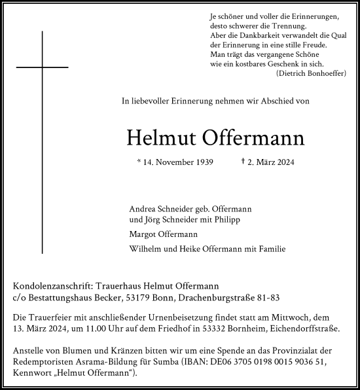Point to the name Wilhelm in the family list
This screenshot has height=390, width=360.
pyautogui.click(x=147, y=249)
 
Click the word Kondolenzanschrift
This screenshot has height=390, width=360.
pyautogui.click(x=52, y=286)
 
